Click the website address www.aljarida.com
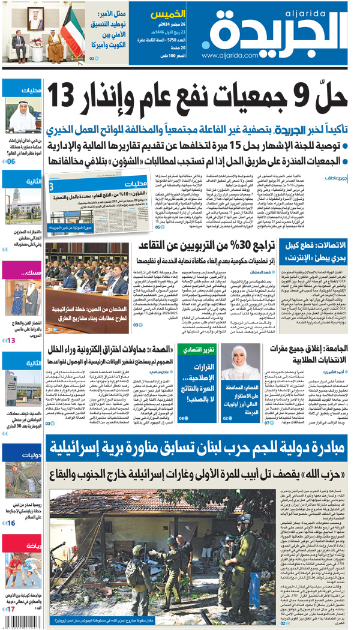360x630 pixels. coord(230,55)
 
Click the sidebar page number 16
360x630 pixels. coord(11,523)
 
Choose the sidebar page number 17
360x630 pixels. coord(11,610)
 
